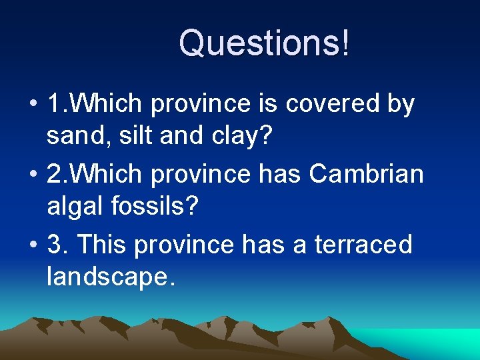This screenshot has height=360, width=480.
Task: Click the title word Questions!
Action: [263, 43]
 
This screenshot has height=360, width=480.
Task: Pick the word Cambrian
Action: [367, 173]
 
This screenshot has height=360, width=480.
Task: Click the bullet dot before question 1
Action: [33, 105]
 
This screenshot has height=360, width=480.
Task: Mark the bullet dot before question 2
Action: [33, 175]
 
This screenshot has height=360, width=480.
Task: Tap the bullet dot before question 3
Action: [33, 245]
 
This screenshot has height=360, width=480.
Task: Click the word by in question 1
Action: [399, 105]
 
